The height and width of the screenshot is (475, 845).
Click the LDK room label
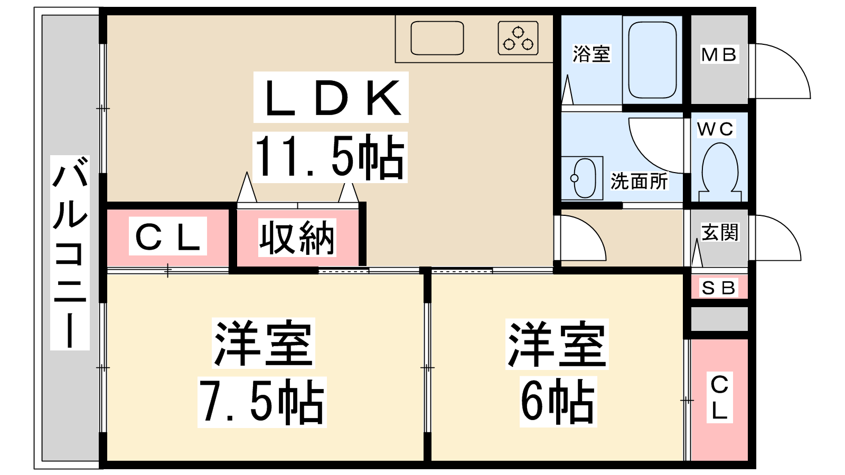click(x=331, y=98)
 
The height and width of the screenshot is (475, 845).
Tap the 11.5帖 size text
click(x=330, y=157)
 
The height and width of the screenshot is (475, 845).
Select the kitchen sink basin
click(x=437, y=38)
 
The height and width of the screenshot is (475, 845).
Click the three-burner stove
click(x=518, y=38)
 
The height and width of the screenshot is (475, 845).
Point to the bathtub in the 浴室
click(x=652, y=60)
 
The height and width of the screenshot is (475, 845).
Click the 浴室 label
click(x=591, y=54)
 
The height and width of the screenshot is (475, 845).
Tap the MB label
click(x=719, y=55)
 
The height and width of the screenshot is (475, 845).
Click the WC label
click(x=715, y=129)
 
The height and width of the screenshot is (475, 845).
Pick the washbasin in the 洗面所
click(x=584, y=178)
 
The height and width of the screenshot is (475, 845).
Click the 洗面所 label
click(x=639, y=182)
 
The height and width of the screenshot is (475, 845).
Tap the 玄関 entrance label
click(x=720, y=232)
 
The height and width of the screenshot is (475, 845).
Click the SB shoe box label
click(x=718, y=288)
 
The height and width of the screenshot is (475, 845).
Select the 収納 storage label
click(x=297, y=238)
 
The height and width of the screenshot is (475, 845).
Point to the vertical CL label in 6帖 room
click(x=719, y=398)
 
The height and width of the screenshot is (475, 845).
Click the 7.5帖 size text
click(x=262, y=402)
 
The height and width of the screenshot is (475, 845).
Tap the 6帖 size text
click(x=558, y=402)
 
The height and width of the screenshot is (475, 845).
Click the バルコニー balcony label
click(x=70, y=253)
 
